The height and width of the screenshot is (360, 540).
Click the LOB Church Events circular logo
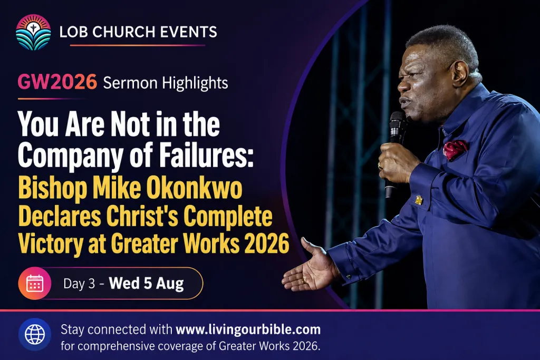33,32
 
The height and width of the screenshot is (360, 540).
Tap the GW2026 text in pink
57,82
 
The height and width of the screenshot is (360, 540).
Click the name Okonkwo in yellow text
194,189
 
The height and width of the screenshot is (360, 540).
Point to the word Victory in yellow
50,244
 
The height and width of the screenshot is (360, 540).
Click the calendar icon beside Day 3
35,283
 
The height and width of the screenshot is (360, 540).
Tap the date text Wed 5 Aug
146,284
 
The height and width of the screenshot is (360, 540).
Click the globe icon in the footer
35,334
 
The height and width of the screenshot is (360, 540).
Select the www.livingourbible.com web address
248,329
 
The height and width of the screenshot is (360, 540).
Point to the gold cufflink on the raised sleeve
418,200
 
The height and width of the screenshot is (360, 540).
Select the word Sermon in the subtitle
130,83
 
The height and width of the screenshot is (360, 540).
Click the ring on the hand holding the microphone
380,165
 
